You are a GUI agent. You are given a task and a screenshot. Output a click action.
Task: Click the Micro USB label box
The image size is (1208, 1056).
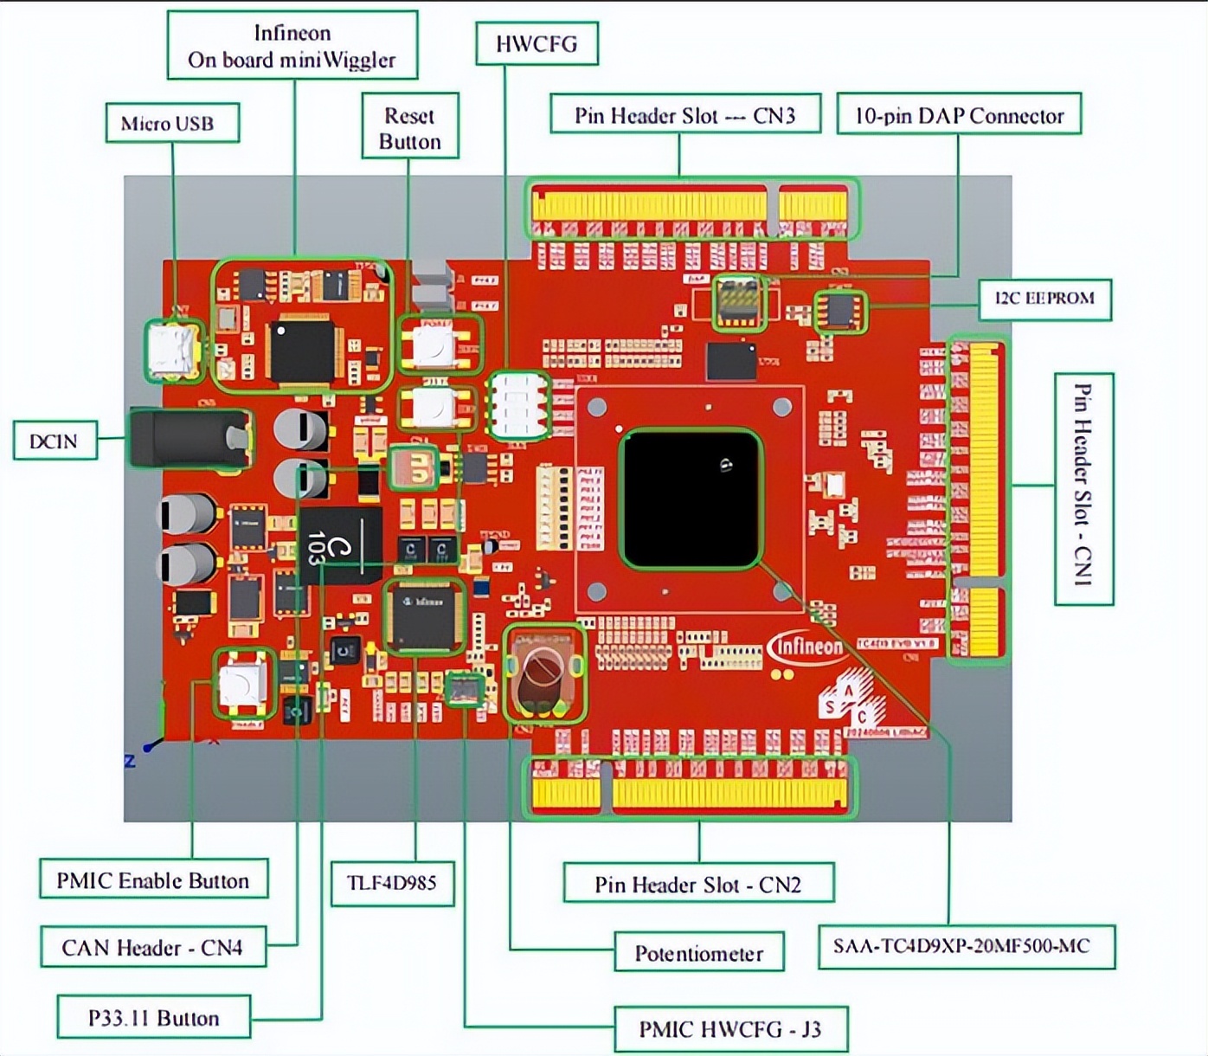(x=171, y=123)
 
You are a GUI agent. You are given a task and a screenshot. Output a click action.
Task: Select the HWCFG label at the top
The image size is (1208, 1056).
(x=537, y=44)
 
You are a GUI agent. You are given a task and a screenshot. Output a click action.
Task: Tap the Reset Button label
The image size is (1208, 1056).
(x=409, y=127)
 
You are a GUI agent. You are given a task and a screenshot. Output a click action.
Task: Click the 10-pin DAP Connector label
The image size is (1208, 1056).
(x=959, y=115)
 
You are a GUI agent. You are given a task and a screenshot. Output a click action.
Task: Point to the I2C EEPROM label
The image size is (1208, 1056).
(x=1044, y=299)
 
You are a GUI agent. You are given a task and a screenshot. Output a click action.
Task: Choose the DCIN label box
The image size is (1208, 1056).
(x=55, y=441)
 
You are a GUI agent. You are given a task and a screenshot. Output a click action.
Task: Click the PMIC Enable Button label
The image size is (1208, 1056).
(x=153, y=880)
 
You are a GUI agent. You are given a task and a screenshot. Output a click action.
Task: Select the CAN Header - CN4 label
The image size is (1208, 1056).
(x=152, y=948)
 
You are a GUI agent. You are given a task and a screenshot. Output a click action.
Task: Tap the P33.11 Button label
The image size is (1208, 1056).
(x=153, y=1018)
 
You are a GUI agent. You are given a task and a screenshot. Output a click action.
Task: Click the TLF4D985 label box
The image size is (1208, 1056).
(x=392, y=883)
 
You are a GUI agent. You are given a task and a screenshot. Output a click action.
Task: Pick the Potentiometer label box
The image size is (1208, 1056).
(x=698, y=954)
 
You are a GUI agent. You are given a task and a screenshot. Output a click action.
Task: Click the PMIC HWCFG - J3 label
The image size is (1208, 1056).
(x=729, y=1029)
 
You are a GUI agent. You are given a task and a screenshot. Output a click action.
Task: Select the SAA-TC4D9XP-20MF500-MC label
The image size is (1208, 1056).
(x=966, y=946)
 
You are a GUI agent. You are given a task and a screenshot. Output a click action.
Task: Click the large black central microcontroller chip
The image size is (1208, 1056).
(x=691, y=499)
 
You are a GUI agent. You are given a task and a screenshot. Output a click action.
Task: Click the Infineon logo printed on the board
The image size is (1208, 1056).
(x=806, y=647)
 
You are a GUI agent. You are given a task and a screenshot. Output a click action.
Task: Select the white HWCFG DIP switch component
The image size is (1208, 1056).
(x=517, y=405)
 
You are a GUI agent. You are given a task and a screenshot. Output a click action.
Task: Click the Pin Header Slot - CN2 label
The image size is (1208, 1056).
(x=697, y=885)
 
